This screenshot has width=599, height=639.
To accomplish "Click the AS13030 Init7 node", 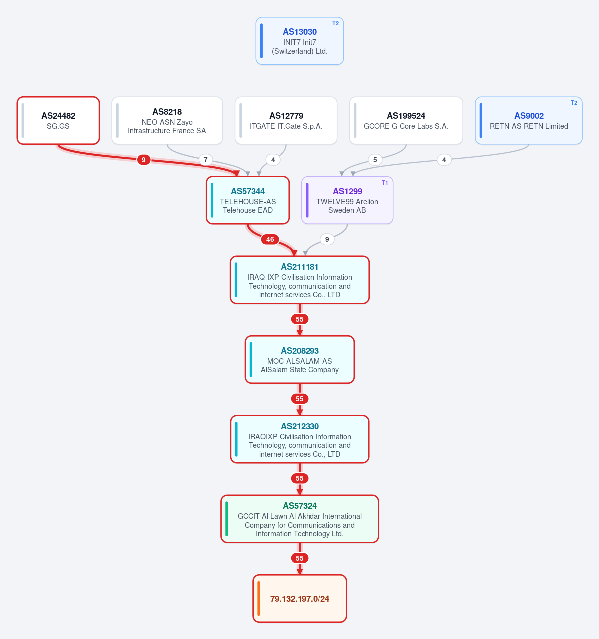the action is point(299,41).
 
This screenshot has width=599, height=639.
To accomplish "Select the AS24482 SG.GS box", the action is point(58,121).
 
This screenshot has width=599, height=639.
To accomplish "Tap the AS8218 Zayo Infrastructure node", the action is point(167,121).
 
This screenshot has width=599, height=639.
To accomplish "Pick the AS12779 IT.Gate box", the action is point(286,121).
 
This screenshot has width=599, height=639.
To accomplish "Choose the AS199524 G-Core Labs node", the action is point(406,121).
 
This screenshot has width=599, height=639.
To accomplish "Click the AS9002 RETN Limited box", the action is point(528,121).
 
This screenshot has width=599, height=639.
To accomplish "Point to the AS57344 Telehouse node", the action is point(247,200).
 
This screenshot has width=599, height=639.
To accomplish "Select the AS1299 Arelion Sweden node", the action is point(347,200).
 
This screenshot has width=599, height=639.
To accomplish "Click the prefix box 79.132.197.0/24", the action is point(299,598).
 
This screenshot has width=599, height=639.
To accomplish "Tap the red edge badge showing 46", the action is point(270,239).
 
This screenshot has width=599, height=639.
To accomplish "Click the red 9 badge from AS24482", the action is point(143,160).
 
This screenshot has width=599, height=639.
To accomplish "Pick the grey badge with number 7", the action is point(205,160).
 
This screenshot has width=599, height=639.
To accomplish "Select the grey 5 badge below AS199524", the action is point(375,160).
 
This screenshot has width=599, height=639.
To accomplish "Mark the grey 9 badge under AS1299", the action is point(327,239).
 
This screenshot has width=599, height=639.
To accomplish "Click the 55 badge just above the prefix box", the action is point(299,558).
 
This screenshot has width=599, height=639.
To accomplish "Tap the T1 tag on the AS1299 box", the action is point(385,183).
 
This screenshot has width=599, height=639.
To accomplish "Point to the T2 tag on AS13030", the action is point(335,23).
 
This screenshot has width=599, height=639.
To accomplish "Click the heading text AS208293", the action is point(299,350).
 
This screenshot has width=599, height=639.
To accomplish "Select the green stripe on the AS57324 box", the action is point(227,519).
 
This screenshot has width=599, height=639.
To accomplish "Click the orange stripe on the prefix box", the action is point(258,598).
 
